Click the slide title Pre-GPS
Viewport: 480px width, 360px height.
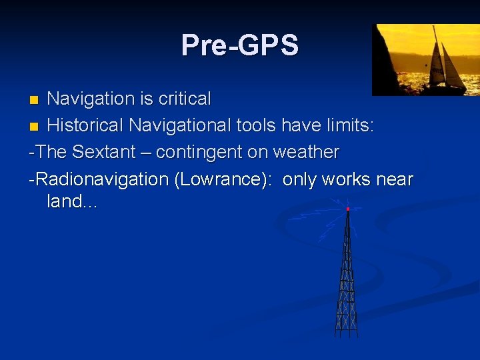click(240, 45)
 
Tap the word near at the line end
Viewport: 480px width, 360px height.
click(394, 179)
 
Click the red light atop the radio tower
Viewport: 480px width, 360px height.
click(347, 209)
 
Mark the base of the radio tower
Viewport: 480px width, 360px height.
click(347, 330)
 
